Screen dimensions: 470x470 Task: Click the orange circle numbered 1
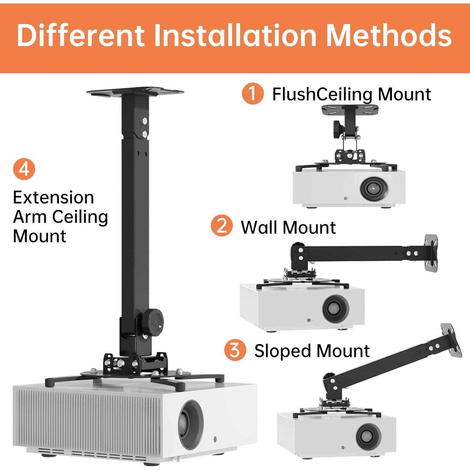point(253,94)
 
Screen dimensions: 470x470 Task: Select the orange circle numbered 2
point(222,226)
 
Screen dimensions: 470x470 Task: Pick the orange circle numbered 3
point(235,350)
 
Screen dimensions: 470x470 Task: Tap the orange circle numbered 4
point(24,169)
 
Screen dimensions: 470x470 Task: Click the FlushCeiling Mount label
point(351,94)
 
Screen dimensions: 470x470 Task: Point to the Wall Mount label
point(288,227)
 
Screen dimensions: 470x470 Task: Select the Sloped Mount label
point(312,351)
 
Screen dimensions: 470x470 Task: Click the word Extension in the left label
point(53,198)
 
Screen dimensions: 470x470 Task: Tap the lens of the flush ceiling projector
point(374,189)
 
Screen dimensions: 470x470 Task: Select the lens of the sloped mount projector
point(368,436)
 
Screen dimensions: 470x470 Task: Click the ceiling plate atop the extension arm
point(135,92)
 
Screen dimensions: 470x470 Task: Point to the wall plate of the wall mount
point(431,253)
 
